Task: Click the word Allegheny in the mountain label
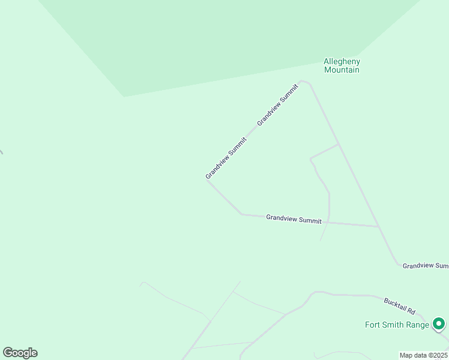pyautogui.click(x=342, y=61)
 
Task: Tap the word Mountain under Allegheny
pyautogui.click(x=342, y=70)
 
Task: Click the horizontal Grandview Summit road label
pyautogui.click(x=294, y=220)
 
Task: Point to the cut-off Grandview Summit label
pyautogui.click(x=425, y=265)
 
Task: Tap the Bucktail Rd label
pyautogui.click(x=399, y=306)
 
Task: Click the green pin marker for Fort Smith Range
pyautogui.click(x=439, y=324)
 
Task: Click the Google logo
pyautogui.click(x=20, y=353)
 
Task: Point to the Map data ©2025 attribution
pyautogui.click(x=423, y=355)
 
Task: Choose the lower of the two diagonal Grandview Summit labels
pyautogui.click(x=226, y=158)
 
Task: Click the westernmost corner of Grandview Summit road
pyautogui.click(x=207, y=179)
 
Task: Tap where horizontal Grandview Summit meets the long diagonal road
pyautogui.click(x=379, y=227)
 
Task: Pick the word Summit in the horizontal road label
pyautogui.click(x=310, y=221)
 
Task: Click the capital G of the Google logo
pyautogui.click(x=8, y=353)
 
